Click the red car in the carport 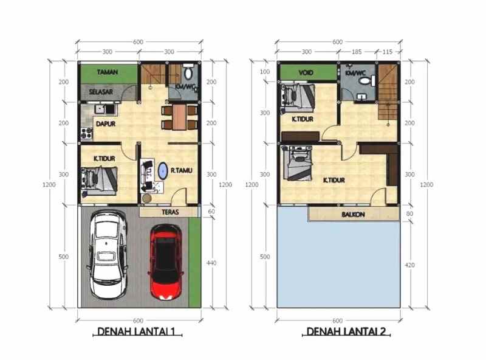166,262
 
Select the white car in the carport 108,255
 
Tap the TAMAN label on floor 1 108,72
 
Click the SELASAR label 101,92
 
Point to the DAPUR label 106,124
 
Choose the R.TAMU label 182,170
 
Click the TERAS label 170,212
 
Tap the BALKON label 353,215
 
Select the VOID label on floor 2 306,73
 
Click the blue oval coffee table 163,171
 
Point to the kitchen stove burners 87,133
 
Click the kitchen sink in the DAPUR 105,109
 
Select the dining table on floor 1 179,117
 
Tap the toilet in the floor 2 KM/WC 366,81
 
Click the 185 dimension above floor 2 357,52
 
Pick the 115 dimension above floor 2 387,52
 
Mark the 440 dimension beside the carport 211,263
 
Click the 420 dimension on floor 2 409,265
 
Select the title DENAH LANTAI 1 136,331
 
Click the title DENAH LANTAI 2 346,331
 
